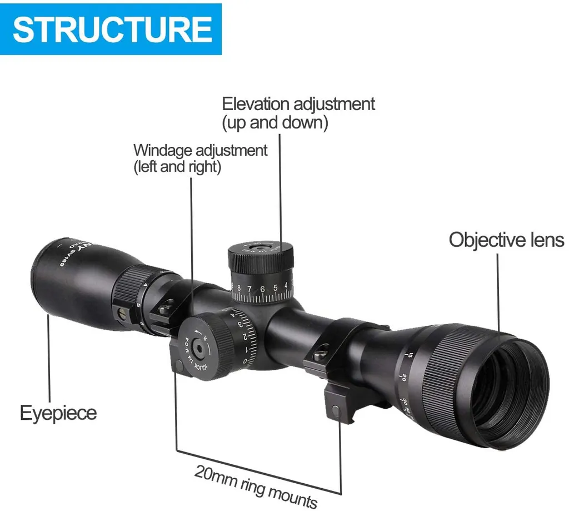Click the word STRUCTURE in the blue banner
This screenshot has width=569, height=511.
112,29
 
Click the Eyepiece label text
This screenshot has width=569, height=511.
58,413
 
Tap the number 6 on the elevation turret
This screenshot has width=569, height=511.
262,290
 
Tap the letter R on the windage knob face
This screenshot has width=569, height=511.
204,336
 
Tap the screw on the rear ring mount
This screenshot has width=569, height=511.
165,306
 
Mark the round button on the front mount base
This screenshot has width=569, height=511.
336,410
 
